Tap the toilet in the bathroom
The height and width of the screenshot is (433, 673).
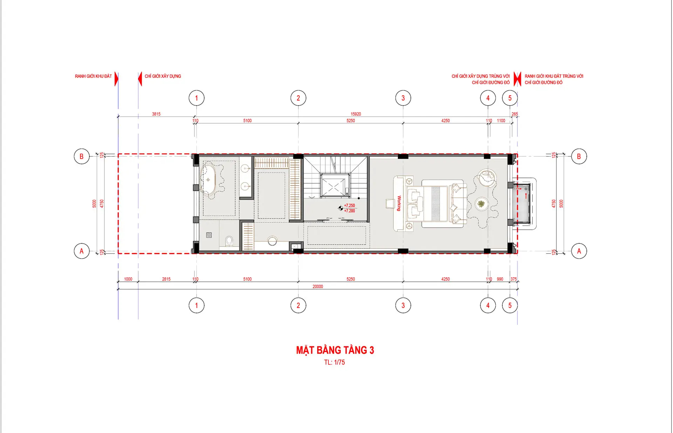tap(229, 241)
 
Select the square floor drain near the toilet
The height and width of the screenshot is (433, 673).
tap(209, 235)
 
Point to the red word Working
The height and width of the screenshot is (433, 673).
tap(399, 203)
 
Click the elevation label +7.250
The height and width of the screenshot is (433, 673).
tap(349, 205)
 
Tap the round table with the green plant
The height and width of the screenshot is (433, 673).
tap(481, 203)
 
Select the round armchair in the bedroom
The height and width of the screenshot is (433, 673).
tap(487, 177)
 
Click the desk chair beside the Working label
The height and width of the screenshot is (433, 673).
tap(390, 203)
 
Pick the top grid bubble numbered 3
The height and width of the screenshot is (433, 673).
tap(403, 98)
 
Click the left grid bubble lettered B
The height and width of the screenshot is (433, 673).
tap(82, 156)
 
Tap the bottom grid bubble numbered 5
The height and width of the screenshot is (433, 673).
tap(510, 305)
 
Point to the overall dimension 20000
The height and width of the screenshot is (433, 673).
tap(318, 286)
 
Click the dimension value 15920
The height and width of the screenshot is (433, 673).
tap(356, 114)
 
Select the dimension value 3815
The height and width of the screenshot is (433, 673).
tap(156, 114)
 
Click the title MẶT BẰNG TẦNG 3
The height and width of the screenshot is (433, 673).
tap(335, 350)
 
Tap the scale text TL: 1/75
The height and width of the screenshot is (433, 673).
tap(334, 362)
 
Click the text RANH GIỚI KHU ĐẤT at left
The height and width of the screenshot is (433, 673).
tap(93, 76)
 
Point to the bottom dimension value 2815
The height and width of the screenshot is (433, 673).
tap(166, 279)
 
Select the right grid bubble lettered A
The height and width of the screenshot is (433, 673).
tap(579, 251)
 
